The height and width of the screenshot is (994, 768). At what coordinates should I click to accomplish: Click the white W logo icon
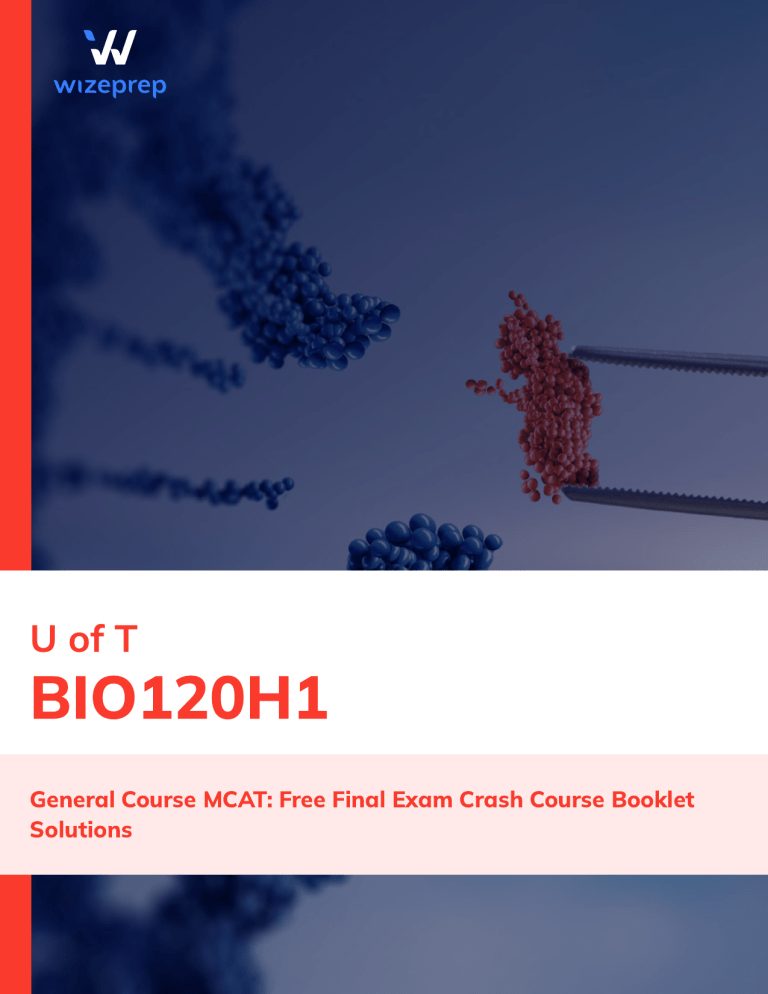coord(109,47)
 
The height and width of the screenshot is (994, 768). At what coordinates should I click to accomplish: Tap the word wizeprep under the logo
coord(110,87)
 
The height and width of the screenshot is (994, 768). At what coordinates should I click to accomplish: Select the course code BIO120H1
coord(180,701)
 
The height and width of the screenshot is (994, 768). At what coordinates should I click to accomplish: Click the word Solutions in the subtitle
coord(81,830)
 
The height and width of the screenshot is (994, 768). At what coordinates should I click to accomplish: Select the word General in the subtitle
coord(72,800)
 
